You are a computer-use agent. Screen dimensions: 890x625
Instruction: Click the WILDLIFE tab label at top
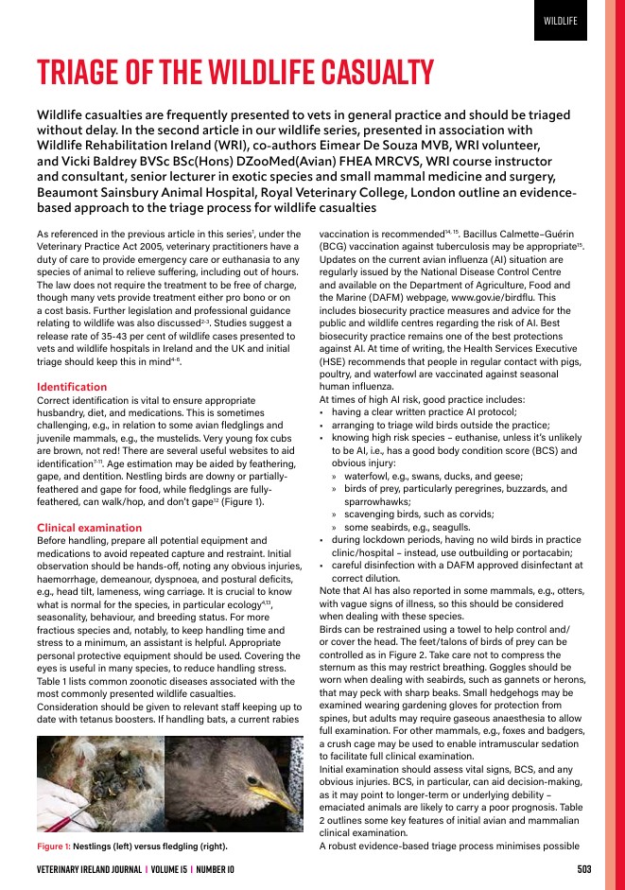(561, 21)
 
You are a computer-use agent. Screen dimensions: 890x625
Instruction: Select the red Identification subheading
(71, 387)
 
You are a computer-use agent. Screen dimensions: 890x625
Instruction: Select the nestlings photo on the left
(100, 784)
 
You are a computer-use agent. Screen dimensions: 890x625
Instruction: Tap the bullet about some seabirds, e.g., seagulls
(413, 526)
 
